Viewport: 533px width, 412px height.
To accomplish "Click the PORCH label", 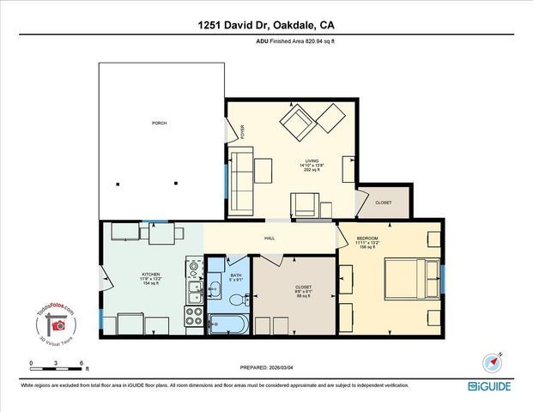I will [x=159, y=124].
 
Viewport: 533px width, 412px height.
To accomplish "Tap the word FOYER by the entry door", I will [x=242, y=132].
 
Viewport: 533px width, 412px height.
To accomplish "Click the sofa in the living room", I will [x=239, y=179].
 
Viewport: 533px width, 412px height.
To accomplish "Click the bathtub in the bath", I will [x=227, y=325].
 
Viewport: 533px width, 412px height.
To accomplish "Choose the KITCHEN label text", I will [x=151, y=276].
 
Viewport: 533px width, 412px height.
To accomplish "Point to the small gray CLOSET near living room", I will [x=383, y=203].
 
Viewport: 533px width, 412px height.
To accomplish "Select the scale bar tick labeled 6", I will [x=81, y=364].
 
